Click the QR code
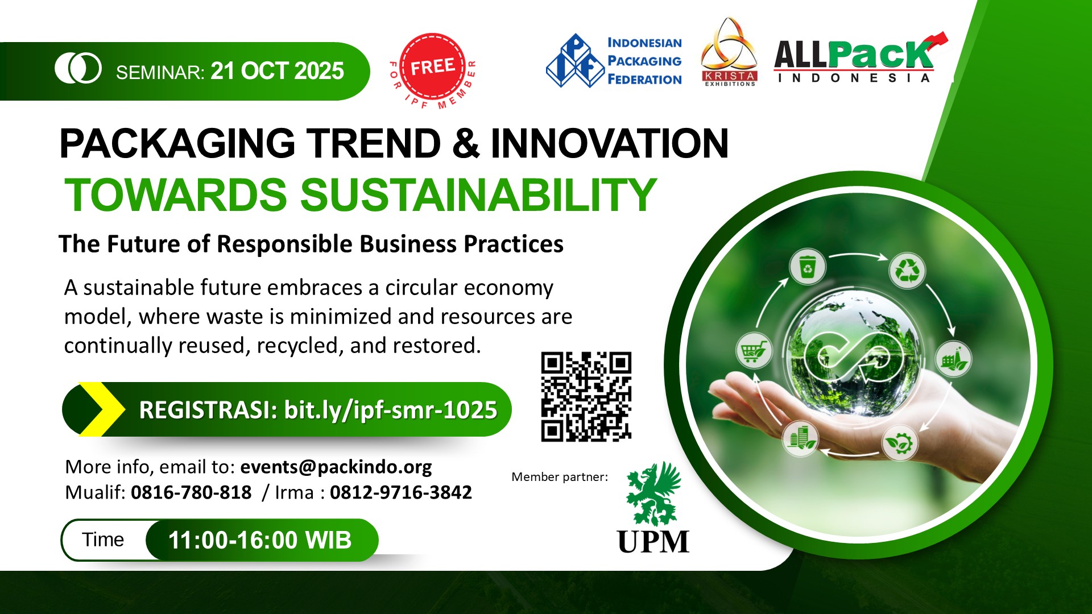[586, 397]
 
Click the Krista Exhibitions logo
[729, 52]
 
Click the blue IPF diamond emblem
[575, 60]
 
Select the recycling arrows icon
[907, 270]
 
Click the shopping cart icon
[754, 350]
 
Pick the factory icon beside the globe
[954, 359]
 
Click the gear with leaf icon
[900, 442]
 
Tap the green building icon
[800, 438]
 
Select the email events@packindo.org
[336, 467]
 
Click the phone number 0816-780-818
[191, 492]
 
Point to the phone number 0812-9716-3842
[401, 492]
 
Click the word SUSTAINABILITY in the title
[478, 194]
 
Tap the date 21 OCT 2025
[278, 71]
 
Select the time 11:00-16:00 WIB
[260, 540]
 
